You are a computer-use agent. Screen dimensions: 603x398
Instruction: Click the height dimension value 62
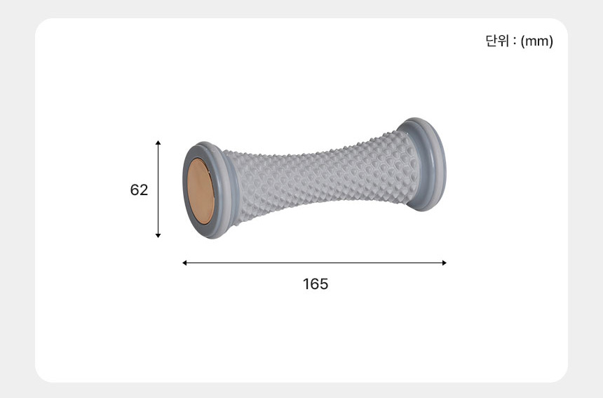click(x=139, y=190)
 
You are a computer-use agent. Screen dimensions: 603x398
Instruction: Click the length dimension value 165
click(x=316, y=284)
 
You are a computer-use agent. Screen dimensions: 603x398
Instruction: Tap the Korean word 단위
click(x=497, y=41)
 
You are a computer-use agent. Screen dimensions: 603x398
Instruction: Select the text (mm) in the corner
click(x=537, y=41)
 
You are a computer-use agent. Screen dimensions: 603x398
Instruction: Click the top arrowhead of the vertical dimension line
click(x=158, y=142)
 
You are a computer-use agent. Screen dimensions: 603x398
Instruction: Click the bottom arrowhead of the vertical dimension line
click(x=158, y=235)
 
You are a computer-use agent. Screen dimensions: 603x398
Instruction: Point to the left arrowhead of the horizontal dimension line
click(x=184, y=263)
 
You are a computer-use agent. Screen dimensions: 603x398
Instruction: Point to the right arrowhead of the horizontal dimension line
click(x=444, y=263)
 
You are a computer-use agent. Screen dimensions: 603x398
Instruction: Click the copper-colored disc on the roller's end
click(x=201, y=191)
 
